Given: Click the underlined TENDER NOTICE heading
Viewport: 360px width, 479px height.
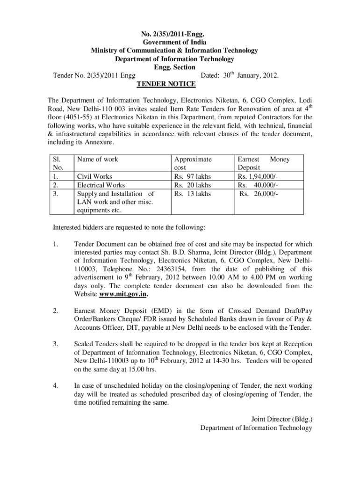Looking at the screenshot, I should (166, 84).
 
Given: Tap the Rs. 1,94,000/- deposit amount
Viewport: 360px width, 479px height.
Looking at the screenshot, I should (258, 176).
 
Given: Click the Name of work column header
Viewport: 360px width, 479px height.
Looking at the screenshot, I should (97, 160).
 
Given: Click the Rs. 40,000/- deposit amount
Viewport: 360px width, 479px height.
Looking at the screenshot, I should (258, 185).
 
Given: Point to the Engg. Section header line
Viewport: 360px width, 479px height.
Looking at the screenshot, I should (174, 67).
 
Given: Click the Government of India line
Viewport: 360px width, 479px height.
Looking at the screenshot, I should (174, 42).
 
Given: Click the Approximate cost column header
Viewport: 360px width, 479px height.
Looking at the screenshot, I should (193, 163).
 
